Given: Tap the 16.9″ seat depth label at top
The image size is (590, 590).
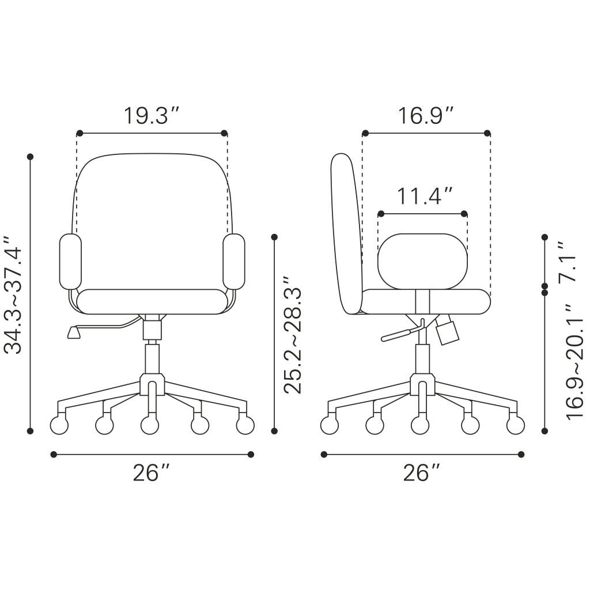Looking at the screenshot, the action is click(x=425, y=115).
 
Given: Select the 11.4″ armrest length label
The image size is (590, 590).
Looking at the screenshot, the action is click(x=424, y=196).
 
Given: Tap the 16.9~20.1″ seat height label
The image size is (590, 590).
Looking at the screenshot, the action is click(x=574, y=363).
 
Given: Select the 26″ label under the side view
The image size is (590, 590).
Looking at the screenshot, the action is click(x=421, y=472).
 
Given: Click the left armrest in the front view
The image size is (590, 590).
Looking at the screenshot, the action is click(x=70, y=262).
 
